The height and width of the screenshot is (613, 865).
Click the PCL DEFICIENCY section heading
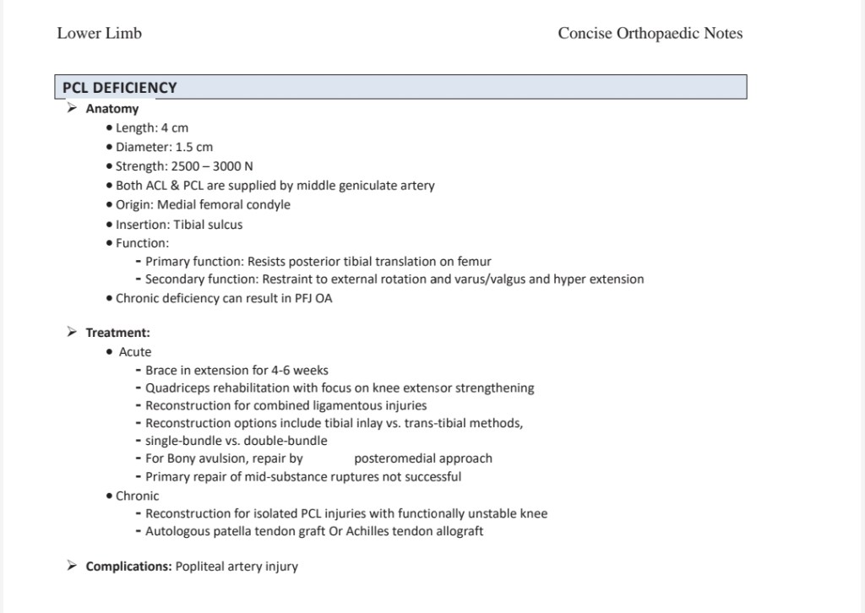point(120,88)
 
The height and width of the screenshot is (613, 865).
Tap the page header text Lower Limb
point(100,34)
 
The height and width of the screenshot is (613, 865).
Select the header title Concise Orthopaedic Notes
point(650,34)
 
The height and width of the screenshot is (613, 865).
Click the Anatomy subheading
point(112,109)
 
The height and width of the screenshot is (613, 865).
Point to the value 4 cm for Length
point(175,128)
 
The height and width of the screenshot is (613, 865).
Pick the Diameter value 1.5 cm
point(194,147)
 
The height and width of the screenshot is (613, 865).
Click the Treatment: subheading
point(118,333)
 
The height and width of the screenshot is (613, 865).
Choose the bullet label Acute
point(135,352)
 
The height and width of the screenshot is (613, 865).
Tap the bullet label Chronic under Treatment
point(137,496)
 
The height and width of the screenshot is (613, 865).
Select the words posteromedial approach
point(423,458)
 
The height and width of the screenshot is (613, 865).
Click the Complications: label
point(128,567)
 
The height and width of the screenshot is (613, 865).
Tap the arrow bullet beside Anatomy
point(73,108)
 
